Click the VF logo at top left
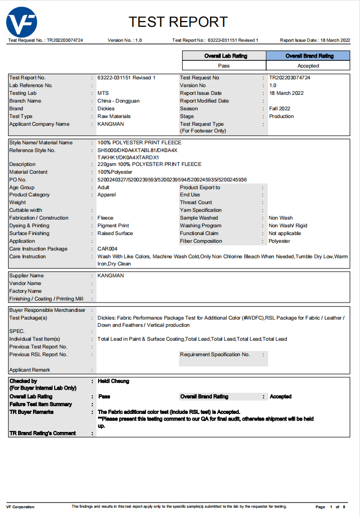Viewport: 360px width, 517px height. point(22,22)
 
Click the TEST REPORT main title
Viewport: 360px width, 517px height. point(178,22)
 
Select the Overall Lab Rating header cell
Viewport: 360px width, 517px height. point(224,56)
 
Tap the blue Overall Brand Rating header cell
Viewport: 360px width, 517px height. point(308,56)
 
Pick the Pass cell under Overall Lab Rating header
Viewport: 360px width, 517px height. point(224,65)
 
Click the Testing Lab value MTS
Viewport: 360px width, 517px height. point(103,93)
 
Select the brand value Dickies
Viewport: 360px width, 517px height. point(106,109)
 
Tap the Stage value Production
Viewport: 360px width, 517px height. point(281,116)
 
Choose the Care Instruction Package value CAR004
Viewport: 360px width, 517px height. point(107,249)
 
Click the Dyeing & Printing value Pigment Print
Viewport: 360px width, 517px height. point(113,226)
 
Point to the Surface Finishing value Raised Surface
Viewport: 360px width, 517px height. point(115,234)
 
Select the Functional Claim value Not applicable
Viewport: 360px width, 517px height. point(285,234)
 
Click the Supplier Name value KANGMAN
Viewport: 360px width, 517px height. point(110,276)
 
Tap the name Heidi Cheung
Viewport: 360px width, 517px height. point(113,381)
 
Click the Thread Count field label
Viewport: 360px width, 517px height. point(196,203)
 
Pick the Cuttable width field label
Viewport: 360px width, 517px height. point(26,210)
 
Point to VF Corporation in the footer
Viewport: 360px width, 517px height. point(20,507)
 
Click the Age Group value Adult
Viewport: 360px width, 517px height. point(103,188)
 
